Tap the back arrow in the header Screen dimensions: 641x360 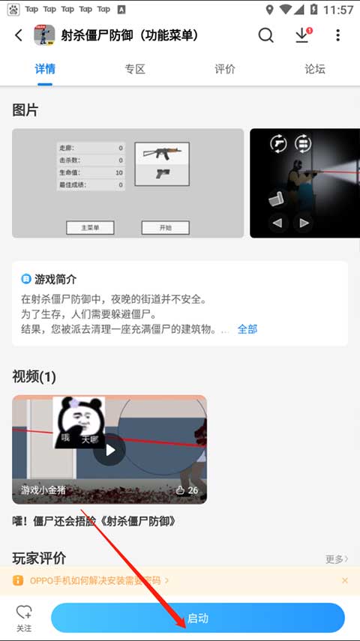pos(19,35)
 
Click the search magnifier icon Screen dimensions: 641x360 pos(265,35)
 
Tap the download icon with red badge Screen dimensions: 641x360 pos(302,35)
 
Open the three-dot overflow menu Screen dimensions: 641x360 pos(337,35)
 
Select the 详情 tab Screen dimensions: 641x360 pos(45,69)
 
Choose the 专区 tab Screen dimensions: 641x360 pos(135,69)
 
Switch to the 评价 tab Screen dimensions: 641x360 pos(225,69)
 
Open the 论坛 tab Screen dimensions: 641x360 pos(315,69)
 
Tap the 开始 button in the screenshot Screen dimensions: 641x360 pos(166,228)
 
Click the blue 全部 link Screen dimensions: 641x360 pos(247,329)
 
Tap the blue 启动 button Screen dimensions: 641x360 pos(198,619)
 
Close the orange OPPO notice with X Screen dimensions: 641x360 pos(345,580)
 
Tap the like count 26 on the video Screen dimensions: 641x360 pos(187,490)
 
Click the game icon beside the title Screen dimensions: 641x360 pos(45,35)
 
